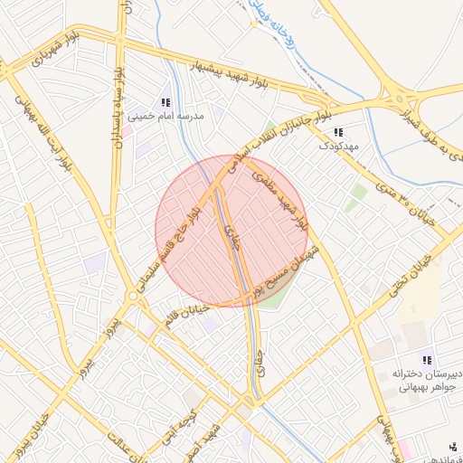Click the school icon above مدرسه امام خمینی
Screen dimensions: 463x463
[165, 103]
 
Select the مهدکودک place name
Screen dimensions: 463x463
[339, 146]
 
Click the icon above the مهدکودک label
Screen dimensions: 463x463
[338, 132]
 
